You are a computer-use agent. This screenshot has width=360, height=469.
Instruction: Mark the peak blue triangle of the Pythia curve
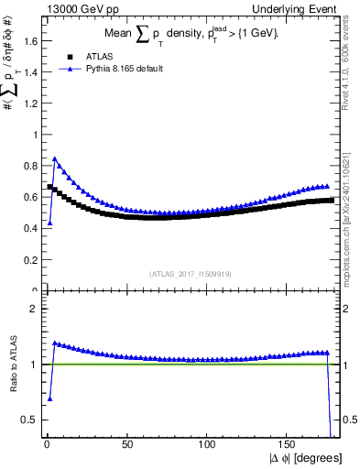(55, 158)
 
